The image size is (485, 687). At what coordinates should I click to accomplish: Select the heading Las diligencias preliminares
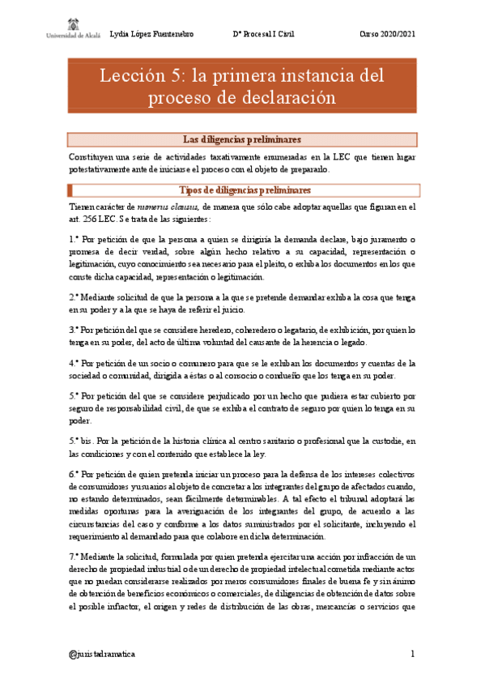click(242, 139)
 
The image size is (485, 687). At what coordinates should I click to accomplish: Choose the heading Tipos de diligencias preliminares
click(242, 190)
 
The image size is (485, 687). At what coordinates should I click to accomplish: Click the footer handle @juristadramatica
click(102, 653)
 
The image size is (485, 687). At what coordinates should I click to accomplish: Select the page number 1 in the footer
click(412, 653)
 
